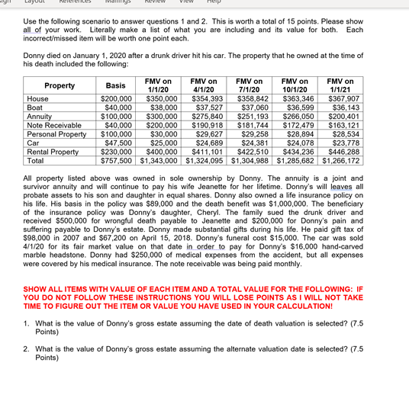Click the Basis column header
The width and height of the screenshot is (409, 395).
point(115,85)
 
